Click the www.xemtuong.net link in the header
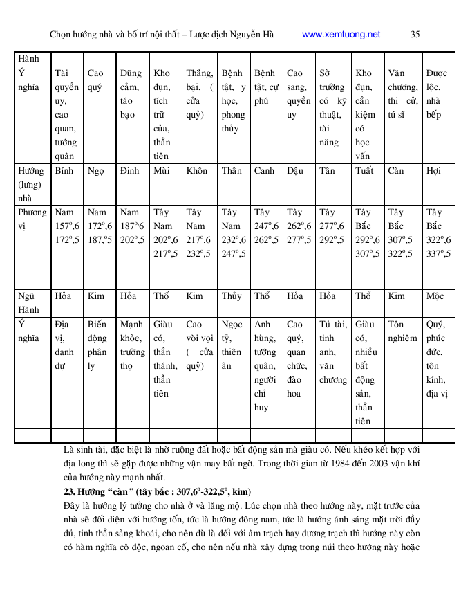(341, 34)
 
